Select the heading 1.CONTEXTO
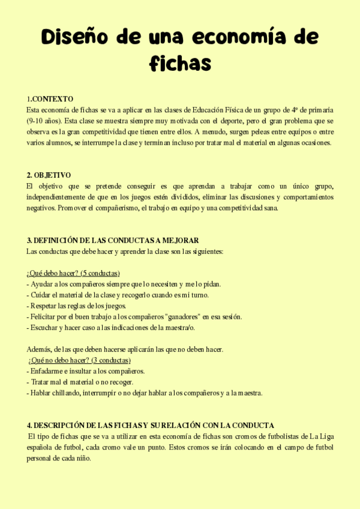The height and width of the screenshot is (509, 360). (x=50, y=98)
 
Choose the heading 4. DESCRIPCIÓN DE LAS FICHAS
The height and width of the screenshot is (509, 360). (x=151, y=425)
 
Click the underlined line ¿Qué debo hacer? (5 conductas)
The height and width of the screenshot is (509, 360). (x=73, y=273)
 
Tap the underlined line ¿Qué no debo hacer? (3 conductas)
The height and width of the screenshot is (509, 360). (x=79, y=360)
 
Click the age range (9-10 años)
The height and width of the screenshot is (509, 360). (x=44, y=121)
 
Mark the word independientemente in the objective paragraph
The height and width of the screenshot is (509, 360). (x=61, y=197)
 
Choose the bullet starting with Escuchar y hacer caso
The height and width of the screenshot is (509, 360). (x=110, y=328)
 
